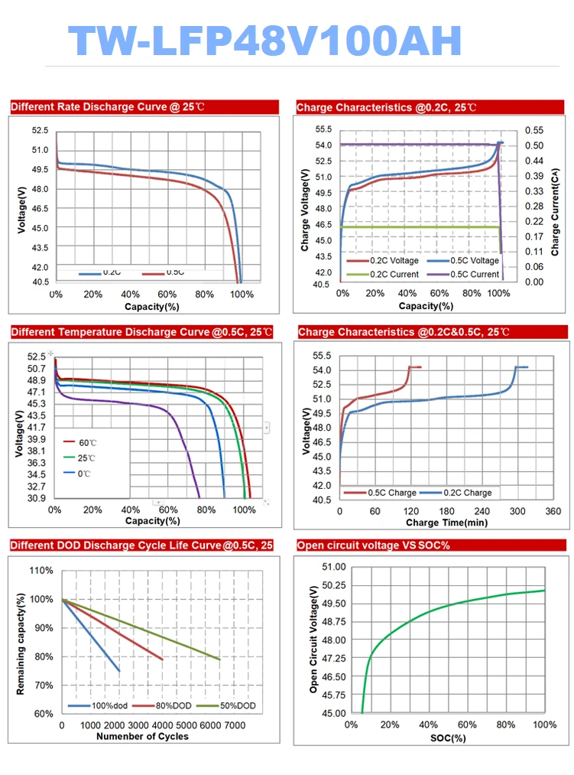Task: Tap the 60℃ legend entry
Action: (x=83, y=442)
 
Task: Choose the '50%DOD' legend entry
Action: (x=239, y=705)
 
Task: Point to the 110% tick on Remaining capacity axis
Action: (x=41, y=571)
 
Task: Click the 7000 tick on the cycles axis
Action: (x=235, y=725)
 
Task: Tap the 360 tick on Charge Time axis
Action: (x=553, y=512)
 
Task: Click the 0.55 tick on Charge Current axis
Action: (x=533, y=130)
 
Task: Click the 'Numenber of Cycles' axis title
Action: (x=142, y=736)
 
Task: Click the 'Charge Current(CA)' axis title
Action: (x=556, y=212)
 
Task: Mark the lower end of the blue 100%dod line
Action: (x=119, y=671)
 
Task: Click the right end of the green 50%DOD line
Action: (x=220, y=659)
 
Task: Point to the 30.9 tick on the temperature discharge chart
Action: (x=36, y=498)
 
